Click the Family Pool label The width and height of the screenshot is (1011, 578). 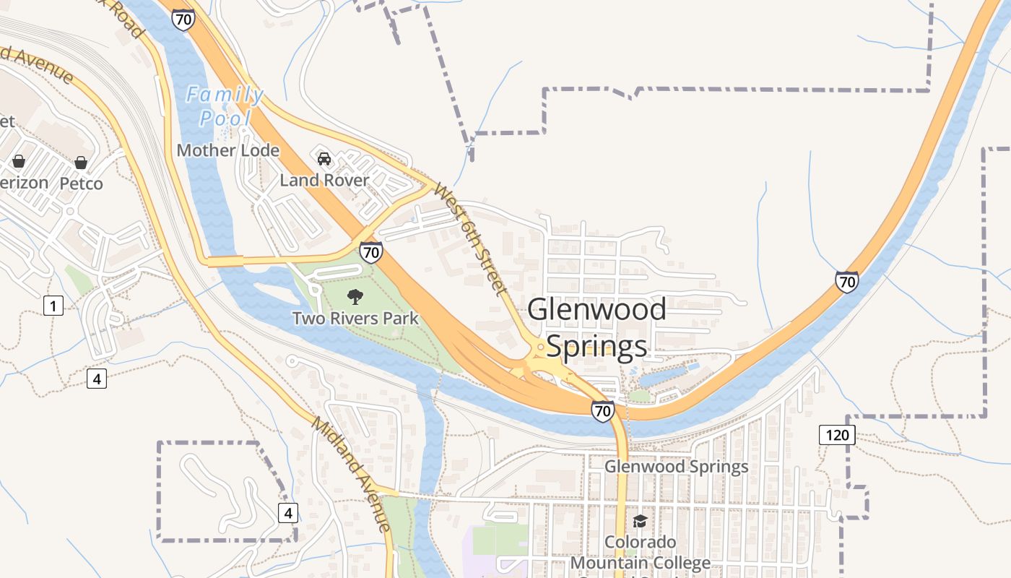[x=225, y=106]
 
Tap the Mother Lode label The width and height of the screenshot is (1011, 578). [x=227, y=150]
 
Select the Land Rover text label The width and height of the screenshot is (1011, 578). [x=324, y=181]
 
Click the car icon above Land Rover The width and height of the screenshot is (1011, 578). [x=324, y=158]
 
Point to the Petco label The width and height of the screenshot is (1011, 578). [x=81, y=184]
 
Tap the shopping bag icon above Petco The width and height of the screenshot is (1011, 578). [x=81, y=162]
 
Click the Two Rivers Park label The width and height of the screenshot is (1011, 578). [x=355, y=318]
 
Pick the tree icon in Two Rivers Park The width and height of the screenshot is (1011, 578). [x=355, y=296]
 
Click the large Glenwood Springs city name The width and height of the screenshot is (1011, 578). [x=596, y=327]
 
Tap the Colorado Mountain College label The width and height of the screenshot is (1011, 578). [x=640, y=552]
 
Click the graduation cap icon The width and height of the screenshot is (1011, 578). [x=640, y=521]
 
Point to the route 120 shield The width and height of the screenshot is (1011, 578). [x=837, y=435]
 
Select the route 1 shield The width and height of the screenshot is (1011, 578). [x=53, y=306]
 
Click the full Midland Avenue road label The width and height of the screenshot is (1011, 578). [x=351, y=474]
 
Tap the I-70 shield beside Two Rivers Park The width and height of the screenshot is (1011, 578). [x=370, y=252]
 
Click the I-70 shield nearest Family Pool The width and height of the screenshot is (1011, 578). [x=183, y=20]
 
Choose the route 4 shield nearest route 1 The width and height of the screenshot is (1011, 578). [x=97, y=378]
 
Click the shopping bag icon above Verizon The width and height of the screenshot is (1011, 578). [x=19, y=161]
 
